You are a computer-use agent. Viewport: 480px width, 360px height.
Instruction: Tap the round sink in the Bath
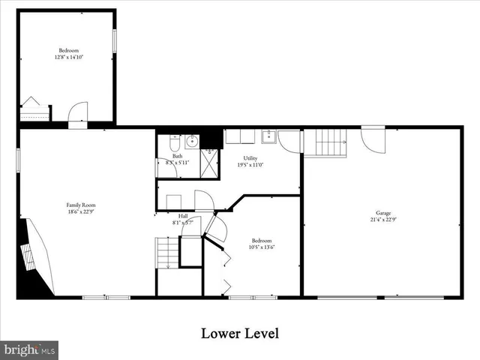[191, 139]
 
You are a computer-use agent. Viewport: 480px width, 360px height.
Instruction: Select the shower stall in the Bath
[211, 163]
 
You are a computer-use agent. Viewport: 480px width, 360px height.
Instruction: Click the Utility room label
[250, 158]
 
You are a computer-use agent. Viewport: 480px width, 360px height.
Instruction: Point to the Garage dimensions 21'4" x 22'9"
[383, 220]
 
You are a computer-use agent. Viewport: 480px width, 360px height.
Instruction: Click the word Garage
[383, 212]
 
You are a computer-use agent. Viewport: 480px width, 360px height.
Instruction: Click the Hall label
[183, 215]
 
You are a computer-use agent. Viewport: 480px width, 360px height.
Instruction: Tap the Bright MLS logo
[30, 349]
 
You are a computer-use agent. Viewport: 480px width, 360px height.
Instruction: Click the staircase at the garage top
[331, 142]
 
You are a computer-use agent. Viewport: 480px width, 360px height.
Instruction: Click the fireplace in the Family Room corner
[34, 255]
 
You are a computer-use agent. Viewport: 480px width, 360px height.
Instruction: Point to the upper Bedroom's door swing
[77, 113]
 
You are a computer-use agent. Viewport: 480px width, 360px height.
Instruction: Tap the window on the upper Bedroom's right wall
[115, 41]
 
